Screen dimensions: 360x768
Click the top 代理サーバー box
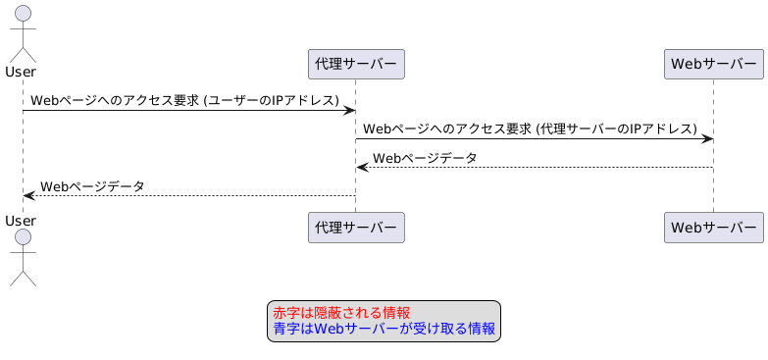click(x=356, y=65)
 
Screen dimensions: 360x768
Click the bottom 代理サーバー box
click(x=356, y=228)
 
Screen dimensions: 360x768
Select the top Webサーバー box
click(x=713, y=65)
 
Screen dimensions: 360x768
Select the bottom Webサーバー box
click(x=713, y=228)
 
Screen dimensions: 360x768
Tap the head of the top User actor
click(x=23, y=14)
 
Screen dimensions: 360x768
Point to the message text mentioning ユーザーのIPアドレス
click(x=184, y=100)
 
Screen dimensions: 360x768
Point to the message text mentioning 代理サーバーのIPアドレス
click(x=530, y=129)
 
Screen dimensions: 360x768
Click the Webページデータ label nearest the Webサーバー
click(x=425, y=157)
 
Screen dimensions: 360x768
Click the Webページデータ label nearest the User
click(x=92, y=185)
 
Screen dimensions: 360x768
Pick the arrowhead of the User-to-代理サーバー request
click(x=349, y=110)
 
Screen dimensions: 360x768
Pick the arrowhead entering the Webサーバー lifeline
click(x=706, y=138)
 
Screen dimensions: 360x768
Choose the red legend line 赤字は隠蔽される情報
click(x=341, y=313)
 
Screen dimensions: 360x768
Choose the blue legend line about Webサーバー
click(x=384, y=329)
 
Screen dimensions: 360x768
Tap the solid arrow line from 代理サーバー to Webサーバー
click(x=535, y=138)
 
